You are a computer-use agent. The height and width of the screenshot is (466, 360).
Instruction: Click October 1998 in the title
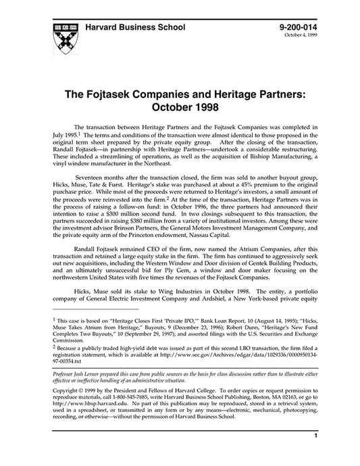tap(180, 108)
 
